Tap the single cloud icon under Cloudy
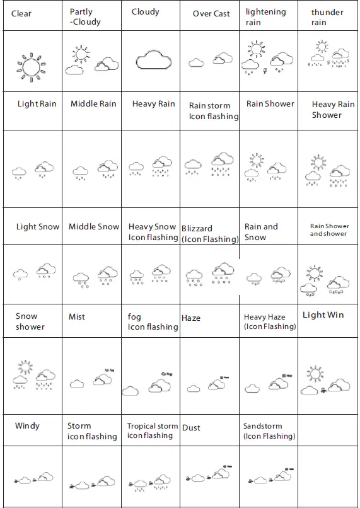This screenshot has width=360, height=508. pos(153,59)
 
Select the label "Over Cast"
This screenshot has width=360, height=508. pos(211,13)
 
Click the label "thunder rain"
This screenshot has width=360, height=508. pos(327,17)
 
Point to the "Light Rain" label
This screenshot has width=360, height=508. pos(37,103)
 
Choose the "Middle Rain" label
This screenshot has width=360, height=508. pos(93,103)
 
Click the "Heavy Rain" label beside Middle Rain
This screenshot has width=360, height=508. pos(153,103)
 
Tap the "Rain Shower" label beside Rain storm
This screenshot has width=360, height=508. pos(270,103)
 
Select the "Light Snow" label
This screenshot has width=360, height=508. pos(38,226)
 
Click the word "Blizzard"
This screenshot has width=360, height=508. pos(197,228)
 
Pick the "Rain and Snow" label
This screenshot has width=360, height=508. pos(261,231)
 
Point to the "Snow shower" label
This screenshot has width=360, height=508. pos(30,321)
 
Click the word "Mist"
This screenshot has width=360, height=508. pos(76,316)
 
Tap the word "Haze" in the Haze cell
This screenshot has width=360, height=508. pos(190,318)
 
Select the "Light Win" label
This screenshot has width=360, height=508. pos(323,315)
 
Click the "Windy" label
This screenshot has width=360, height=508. pos(27,426)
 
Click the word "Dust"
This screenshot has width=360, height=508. pos(190,427)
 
